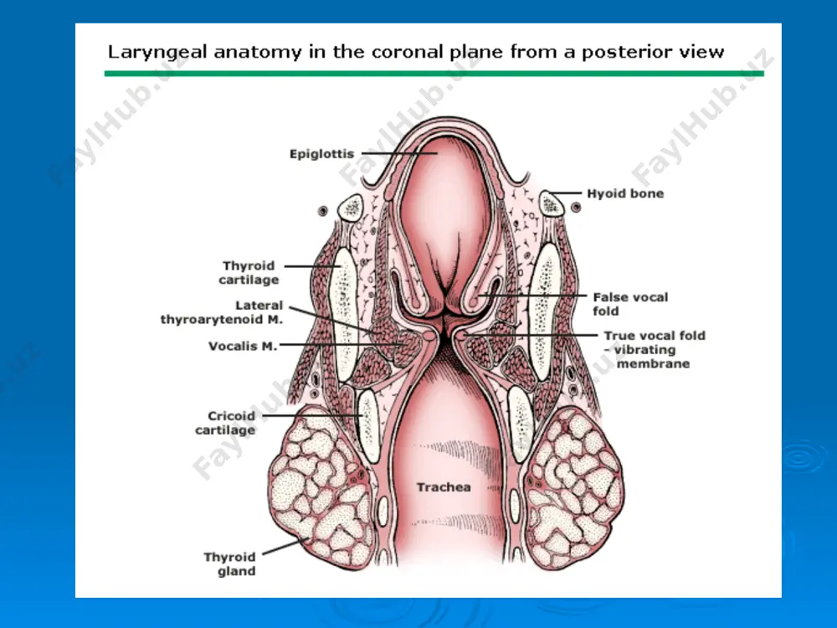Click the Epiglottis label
(322, 154)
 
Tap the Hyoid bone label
(625, 193)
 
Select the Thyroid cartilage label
(249, 273)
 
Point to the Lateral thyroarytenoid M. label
(222, 312)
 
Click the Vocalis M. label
(243, 346)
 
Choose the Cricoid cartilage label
(225, 423)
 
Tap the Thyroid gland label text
(229, 564)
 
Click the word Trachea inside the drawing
(444, 487)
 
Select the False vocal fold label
(630, 304)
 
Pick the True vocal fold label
(655, 336)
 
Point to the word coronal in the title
(408, 52)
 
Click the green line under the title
(434, 73)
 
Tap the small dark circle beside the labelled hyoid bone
(576, 207)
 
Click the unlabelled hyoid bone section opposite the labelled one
(351, 207)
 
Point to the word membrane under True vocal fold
(653, 363)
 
